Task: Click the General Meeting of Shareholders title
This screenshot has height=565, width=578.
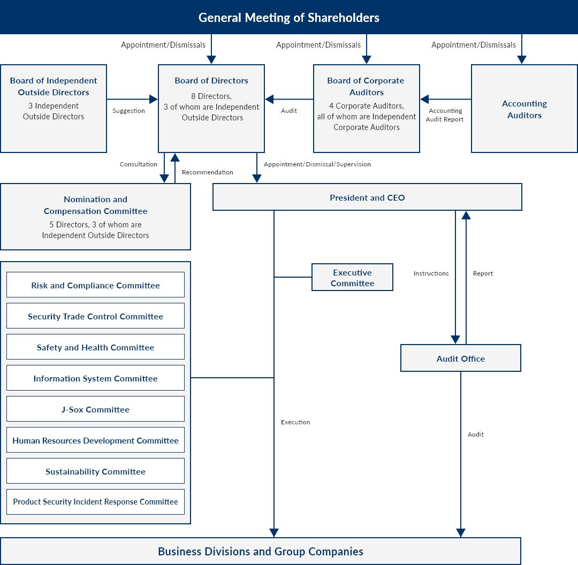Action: click(x=288, y=17)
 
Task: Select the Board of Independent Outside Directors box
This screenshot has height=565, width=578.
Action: click(x=54, y=109)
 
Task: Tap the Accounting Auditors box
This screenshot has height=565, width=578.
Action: click(x=524, y=109)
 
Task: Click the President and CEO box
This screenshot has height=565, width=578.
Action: click(x=367, y=197)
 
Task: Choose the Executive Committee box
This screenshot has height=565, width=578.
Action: click(x=352, y=277)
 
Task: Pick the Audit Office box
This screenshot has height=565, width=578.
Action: click(x=460, y=358)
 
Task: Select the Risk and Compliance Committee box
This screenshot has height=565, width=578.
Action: click(x=95, y=285)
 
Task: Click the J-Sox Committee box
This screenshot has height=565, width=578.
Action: click(x=95, y=409)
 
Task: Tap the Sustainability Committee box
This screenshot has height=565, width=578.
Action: click(x=95, y=471)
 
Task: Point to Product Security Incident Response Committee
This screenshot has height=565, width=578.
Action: click(x=95, y=502)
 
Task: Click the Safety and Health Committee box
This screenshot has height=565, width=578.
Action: click(x=95, y=347)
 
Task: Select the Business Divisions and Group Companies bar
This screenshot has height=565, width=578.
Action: click(x=261, y=551)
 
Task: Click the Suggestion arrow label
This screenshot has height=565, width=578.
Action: click(x=128, y=111)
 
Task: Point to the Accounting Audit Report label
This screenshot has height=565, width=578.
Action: click(x=445, y=115)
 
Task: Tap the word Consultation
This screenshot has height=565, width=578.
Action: click(x=138, y=164)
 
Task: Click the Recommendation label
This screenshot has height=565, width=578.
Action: click(x=208, y=172)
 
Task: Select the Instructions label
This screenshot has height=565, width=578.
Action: click(x=431, y=273)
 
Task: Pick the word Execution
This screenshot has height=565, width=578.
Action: click(x=295, y=422)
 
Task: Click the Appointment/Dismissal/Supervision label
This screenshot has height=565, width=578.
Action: click(x=317, y=164)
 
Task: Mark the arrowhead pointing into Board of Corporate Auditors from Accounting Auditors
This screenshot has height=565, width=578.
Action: click(x=424, y=99)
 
